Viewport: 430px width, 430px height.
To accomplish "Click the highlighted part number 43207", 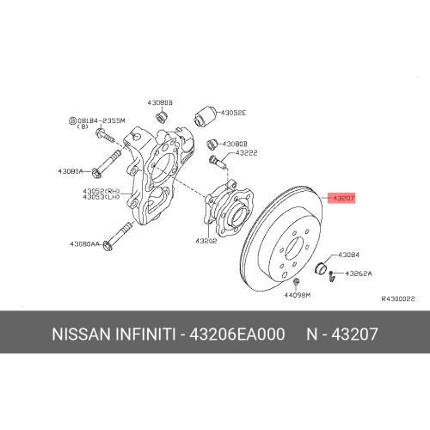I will pyautogui.click(x=341, y=197).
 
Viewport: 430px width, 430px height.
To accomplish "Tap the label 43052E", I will pyautogui.click(x=233, y=113).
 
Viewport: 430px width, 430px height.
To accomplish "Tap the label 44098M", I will pyautogui.click(x=295, y=295).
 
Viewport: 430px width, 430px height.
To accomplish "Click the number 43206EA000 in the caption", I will pyautogui.click(x=249, y=332).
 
